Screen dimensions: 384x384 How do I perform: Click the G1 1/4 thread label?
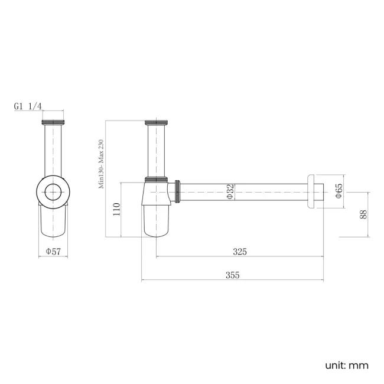tap(28, 106)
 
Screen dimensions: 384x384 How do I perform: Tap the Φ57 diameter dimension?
tap(54, 252)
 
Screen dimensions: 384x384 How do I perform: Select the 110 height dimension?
tap(116, 209)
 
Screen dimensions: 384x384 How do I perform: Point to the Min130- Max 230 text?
tap(101, 164)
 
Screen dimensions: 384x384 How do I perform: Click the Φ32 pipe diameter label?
tap(230, 193)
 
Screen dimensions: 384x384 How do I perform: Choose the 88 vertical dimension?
tap(363, 215)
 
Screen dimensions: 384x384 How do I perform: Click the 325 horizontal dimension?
tap(239, 252)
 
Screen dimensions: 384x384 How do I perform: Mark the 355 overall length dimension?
tap(232, 275)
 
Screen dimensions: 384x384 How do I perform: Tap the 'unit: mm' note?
tap(346, 365)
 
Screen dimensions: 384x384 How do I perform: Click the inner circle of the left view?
tap(54, 192)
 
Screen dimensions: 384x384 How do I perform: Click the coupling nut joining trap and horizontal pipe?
tap(177, 192)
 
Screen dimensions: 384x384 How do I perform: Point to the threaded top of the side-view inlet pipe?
tap(157, 124)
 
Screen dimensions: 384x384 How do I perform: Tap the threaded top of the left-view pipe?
tap(54, 124)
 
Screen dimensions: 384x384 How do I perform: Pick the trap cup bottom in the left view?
tap(53, 224)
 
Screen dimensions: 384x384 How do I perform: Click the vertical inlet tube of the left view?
tap(54, 151)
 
